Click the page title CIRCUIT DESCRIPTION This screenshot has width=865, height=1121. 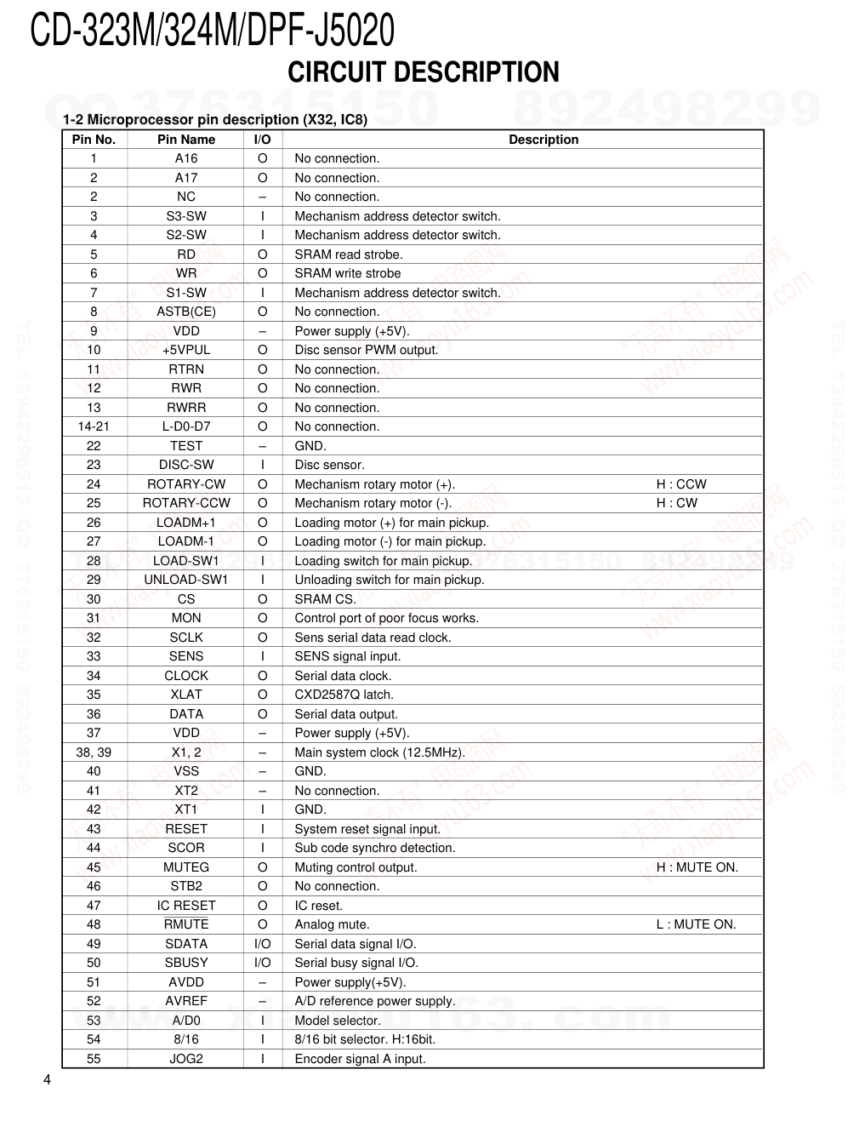(423, 71)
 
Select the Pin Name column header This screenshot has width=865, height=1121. (186, 140)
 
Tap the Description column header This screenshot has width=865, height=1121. (543, 140)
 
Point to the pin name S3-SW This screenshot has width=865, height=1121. (186, 216)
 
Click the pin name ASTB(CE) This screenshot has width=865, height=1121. (186, 312)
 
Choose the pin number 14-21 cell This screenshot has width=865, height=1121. (94, 426)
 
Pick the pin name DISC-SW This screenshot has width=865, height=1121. (186, 465)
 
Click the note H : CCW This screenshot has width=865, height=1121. (680, 484)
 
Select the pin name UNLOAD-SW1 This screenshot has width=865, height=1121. (186, 580)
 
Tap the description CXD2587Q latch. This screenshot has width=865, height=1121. (344, 695)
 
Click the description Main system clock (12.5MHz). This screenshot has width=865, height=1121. (379, 752)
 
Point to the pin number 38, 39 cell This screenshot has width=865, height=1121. (94, 752)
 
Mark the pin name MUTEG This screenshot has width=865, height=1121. (186, 867)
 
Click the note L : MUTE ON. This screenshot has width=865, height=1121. (696, 924)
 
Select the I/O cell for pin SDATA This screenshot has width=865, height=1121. (263, 944)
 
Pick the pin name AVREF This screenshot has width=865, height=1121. (186, 1001)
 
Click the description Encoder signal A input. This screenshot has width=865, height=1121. (360, 1059)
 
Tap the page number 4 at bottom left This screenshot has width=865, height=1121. (47, 1081)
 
